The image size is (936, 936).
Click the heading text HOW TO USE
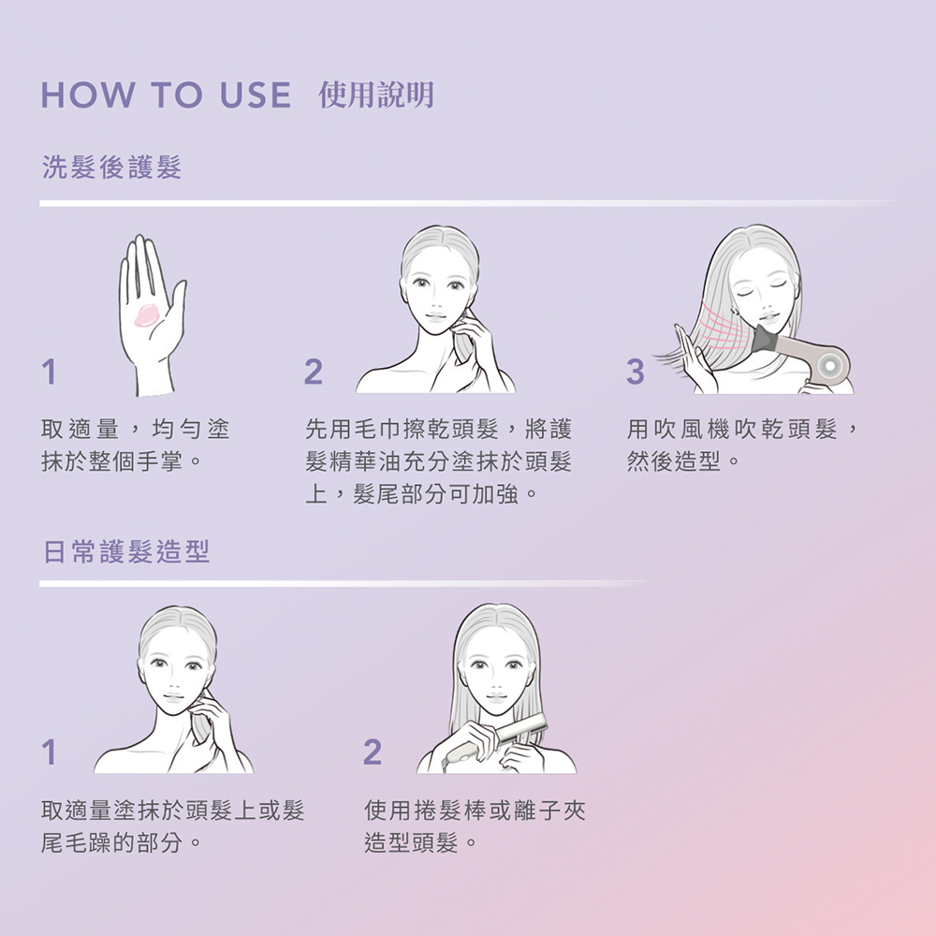166,95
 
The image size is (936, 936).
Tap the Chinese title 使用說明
376,95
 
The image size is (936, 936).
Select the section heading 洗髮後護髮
111,167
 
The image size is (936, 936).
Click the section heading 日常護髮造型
126,551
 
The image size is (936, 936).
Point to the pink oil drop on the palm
146,314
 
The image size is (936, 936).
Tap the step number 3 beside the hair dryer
636,372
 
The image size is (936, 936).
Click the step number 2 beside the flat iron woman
372,751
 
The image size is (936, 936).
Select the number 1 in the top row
49,372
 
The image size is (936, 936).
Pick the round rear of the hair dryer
829,365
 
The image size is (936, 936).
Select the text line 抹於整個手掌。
121,461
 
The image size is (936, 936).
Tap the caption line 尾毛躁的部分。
121,842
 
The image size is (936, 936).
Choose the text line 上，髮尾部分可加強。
422,493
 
